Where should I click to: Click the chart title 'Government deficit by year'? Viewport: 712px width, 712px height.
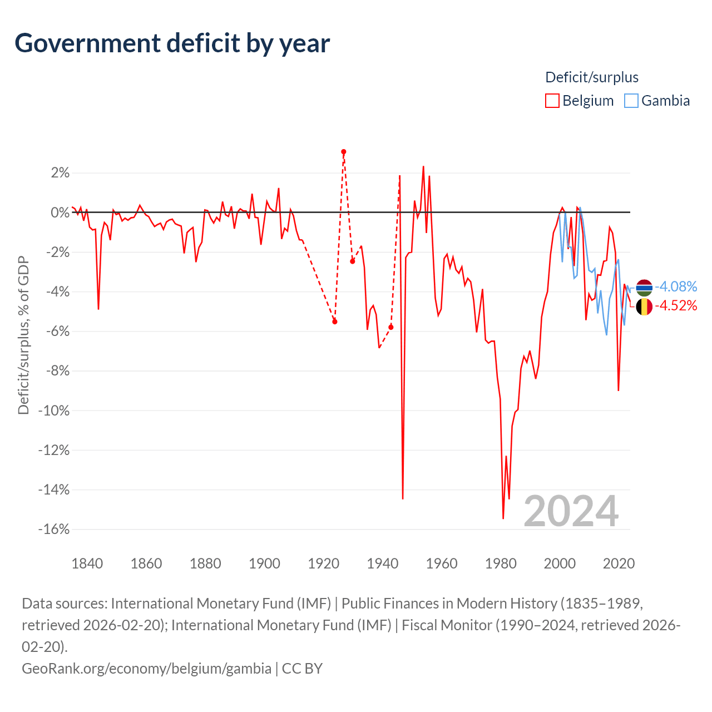coord(172,43)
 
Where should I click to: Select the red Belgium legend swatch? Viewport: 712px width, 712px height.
coord(552,101)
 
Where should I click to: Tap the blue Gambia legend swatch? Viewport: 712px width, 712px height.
coord(631,101)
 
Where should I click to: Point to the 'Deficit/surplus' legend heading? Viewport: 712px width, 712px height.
coord(591,77)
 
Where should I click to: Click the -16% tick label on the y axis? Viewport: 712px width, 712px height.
coord(54,529)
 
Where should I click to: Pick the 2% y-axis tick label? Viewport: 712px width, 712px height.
coord(60,172)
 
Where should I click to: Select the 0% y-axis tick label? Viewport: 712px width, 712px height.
coord(60,212)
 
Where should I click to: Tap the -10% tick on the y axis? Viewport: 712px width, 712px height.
coord(54,410)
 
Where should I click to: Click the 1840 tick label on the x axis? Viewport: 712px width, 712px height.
coord(87,563)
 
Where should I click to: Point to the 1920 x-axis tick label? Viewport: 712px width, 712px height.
coord(323,563)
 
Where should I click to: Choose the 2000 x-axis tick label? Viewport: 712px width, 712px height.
coord(560,563)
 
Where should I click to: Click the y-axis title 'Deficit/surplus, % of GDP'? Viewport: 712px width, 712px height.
coord(23,335)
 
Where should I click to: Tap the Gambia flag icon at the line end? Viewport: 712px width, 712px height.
coord(644,288)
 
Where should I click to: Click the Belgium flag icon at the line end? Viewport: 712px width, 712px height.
coord(644,306)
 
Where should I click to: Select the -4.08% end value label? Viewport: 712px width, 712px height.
coord(676,286)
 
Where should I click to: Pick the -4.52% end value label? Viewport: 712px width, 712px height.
coord(676,305)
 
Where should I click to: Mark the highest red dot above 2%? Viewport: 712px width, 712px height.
coord(344,152)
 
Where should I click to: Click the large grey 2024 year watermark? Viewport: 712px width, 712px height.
coord(571,511)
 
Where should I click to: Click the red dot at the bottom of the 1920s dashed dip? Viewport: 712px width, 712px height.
coord(335,322)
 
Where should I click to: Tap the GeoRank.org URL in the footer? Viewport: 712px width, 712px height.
coord(147,668)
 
